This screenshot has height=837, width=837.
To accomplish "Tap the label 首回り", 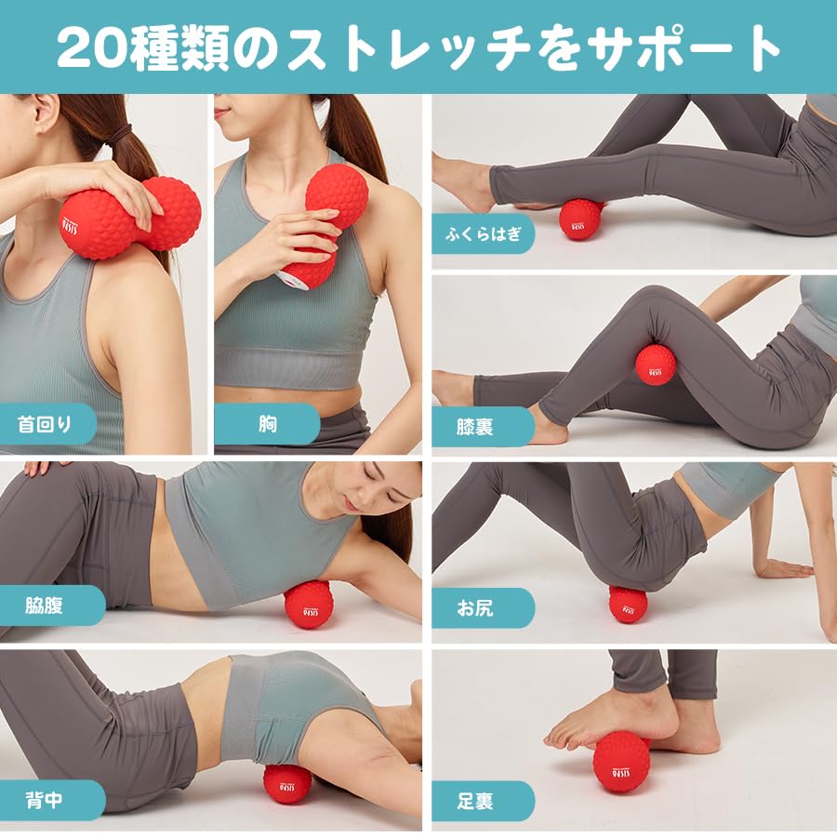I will click(x=44, y=424).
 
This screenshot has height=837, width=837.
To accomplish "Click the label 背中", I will click(x=44, y=800).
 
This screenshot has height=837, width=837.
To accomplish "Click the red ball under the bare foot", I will click(x=622, y=762).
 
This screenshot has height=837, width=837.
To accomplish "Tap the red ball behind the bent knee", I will click(x=656, y=364).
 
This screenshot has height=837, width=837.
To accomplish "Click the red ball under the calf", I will click(x=580, y=219).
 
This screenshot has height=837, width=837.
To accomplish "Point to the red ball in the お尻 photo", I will click(x=628, y=604).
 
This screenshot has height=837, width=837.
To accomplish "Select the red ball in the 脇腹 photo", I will click(x=308, y=605).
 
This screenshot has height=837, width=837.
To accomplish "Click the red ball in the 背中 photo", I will click(x=287, y=784).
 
